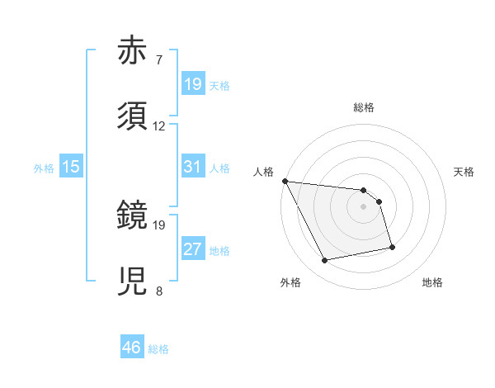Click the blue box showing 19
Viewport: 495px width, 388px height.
[192, 84]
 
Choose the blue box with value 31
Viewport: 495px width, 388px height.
[192, 167]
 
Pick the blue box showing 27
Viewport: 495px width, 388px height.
[192, 249]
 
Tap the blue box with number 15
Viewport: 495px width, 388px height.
[71, 167]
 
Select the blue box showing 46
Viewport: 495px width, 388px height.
[131, 348]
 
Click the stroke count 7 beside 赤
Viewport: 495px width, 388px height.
[158, 60]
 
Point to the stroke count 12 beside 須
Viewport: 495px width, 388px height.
[159, 126]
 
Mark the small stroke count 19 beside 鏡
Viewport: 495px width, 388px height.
[159, 225]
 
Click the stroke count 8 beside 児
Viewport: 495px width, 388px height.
[158, 291]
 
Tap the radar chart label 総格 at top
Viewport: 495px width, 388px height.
[364, 107]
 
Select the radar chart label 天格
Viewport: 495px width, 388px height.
[464, 172]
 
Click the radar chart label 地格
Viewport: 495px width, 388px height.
[432, 282]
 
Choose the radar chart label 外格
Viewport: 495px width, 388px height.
[290, 282]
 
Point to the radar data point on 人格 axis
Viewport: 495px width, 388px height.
[285, 181]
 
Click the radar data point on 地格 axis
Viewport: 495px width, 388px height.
[392, 246]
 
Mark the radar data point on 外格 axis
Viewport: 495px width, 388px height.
[325, 261]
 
